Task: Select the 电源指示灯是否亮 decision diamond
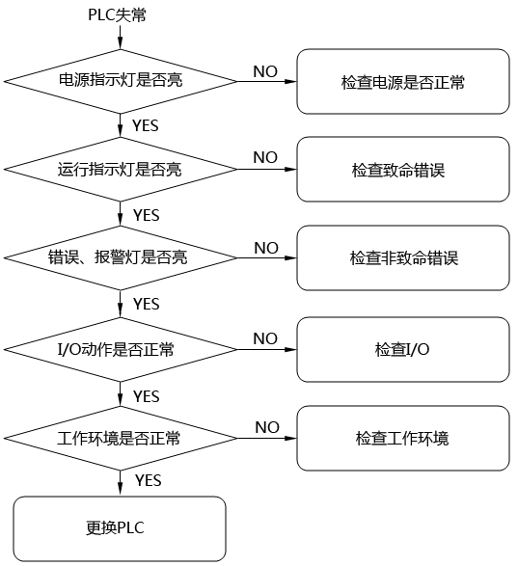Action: tap(120, 81)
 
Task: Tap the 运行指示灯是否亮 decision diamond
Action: tap(120, 170)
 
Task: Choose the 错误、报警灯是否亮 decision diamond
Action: tap(120, 258)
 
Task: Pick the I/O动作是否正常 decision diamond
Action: tap(120, 348)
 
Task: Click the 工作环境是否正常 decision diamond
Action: tap(120, 438)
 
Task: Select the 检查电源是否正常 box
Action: tap(402, 82)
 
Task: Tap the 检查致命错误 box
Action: tap(402, 170)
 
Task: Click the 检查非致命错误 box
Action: tap(402, 258)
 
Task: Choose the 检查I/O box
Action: tap(402, 348)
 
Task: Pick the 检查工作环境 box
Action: tap(402, 438)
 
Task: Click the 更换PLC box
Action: tap(120, 528)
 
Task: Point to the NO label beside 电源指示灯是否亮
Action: tap(265, 70)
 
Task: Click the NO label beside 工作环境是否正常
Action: tap(267, 427)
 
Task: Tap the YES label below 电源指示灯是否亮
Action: tap(146, 125)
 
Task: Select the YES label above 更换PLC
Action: tap(148, 479)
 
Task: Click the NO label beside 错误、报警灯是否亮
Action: tap(266, 248)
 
